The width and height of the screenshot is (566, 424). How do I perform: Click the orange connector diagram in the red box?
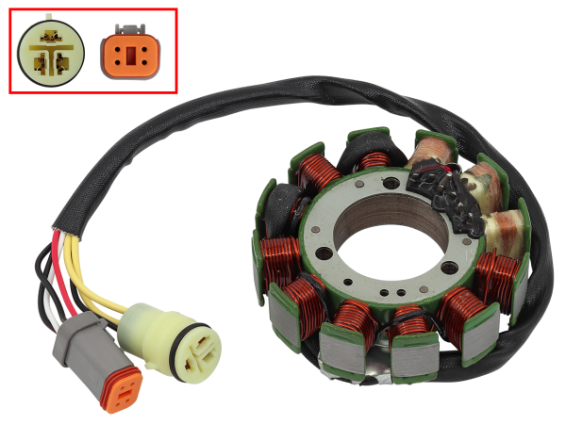129,55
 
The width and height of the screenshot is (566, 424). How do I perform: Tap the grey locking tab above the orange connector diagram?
129,30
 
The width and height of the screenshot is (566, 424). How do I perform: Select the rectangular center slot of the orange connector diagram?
129,57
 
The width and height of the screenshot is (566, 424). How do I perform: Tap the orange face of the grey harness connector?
120,391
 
